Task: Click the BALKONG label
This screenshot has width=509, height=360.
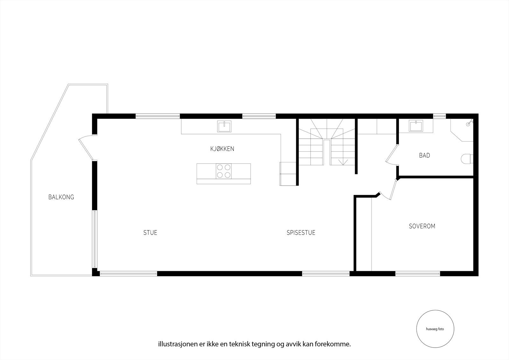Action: coord(61,197)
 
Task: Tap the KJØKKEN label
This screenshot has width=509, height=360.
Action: coord(222,149)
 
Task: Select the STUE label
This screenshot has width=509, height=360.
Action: coord(150,233)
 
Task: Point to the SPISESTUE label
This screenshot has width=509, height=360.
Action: coord(301,233)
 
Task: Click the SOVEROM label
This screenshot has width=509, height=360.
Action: coord(422,226)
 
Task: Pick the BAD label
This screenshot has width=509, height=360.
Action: coord(424,156)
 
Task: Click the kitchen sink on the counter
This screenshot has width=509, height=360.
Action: coord(225,126)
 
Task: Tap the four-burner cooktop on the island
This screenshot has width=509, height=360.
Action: coord(224,171)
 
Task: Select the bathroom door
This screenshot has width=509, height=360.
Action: coord(391,155)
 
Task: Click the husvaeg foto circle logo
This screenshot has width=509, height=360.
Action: coord(435,329)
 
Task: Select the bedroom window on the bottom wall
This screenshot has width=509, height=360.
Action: coord(418,273)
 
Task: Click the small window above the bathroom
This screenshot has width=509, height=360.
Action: coord(439,116)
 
